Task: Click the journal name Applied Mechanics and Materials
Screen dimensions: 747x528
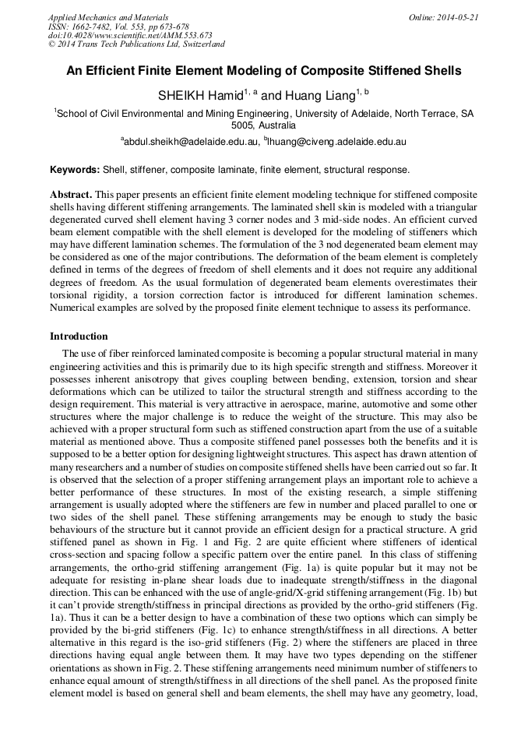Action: [108, 17]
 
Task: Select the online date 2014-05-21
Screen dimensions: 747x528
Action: [457, 17]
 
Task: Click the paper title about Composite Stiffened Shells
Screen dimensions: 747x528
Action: [263, 71]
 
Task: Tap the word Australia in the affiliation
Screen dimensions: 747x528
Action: [277, 125]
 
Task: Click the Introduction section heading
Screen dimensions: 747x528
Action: [79, 337]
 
